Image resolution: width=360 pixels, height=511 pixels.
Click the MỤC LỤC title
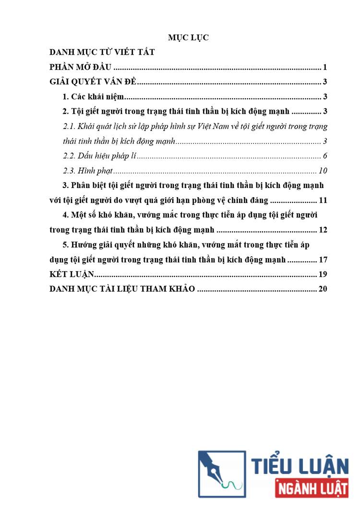pos(188,38)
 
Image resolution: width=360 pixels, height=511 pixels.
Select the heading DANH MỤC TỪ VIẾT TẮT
pos(102,52)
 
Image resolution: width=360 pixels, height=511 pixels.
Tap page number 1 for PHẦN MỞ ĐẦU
pos(325,67)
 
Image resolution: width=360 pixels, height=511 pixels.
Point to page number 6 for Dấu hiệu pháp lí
pos(325,156)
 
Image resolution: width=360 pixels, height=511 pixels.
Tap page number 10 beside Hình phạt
pos(323,171)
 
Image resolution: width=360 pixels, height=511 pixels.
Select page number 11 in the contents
pos(323,200)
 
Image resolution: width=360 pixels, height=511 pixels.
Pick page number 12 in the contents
pos(323,230)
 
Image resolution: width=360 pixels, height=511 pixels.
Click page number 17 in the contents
pos(323,260)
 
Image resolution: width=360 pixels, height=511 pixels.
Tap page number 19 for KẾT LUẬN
pos(323,274)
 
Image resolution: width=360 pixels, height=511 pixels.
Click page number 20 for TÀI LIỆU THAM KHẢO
pos(323,289)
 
